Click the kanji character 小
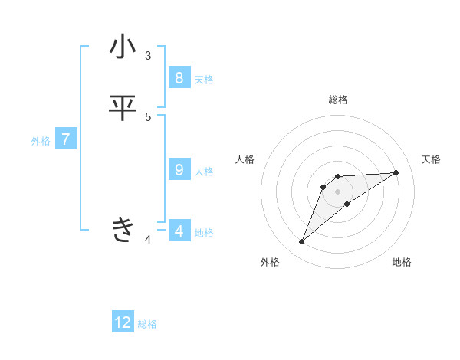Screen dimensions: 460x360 tap(123, 47)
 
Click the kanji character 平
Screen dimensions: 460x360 tap(123, 108)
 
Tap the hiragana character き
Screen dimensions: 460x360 tap(123, 229)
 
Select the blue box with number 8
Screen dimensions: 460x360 tap(179, 77)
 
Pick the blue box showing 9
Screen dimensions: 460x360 tap(179, 169)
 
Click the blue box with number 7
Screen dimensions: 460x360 tap(66, 139)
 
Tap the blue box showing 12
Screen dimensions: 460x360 tap(123, 322)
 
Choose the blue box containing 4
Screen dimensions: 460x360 tap(179, 231)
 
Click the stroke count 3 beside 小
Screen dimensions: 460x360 tap(147, 56)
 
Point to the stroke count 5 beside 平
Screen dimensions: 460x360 tap(147, 116)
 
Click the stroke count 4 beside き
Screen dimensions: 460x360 tap(147, 240)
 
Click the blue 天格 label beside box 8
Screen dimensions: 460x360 tap(204, 80)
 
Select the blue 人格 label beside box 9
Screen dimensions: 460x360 tap(204, 172)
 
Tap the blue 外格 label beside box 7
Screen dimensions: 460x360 tap(41, 141)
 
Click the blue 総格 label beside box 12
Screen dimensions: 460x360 tap(147, 324)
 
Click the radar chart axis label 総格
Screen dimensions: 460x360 tap(338, 100)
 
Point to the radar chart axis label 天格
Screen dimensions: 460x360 tap(432, 159)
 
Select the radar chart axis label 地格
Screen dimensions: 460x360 tap(402, 263)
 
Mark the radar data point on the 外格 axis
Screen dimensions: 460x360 tap(302, 242)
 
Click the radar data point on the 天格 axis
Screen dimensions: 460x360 tap(396, 172)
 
